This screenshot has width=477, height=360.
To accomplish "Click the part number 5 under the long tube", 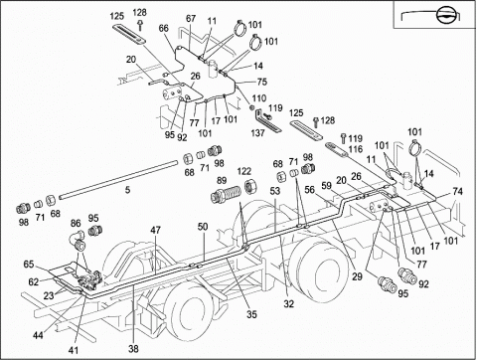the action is tap(127, 190).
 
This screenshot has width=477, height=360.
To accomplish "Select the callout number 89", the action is tap(222, 180).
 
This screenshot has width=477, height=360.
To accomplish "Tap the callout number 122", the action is tap(244, 171).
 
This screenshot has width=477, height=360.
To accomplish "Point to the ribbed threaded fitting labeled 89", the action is tap(226, 194).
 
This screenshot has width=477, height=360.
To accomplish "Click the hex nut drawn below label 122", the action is tap(251, 186).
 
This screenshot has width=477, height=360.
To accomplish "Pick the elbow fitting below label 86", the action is tap(78, 240).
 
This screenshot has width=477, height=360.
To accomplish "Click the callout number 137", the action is tap(257, 133).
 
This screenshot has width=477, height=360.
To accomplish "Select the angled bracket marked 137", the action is tap(267, 121).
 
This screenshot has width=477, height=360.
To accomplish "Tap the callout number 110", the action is tap(259, 98).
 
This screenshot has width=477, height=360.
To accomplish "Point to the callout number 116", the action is tap(356, 149).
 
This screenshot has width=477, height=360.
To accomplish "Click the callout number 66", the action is tap(163, 28).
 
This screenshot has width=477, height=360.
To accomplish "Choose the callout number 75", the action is tap(262, 82).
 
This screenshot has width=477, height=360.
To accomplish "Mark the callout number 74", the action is tap(457, 191).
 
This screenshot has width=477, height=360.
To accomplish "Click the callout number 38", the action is tap(133, 348).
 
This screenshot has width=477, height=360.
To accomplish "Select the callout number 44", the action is tap(38, 335).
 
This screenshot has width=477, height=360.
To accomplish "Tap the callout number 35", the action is tap(251, 314).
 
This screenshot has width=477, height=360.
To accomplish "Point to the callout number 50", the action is tap(203, 227).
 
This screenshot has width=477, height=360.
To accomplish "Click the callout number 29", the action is tap(357, 276).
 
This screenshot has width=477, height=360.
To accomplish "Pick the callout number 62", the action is tap(34, 281).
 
